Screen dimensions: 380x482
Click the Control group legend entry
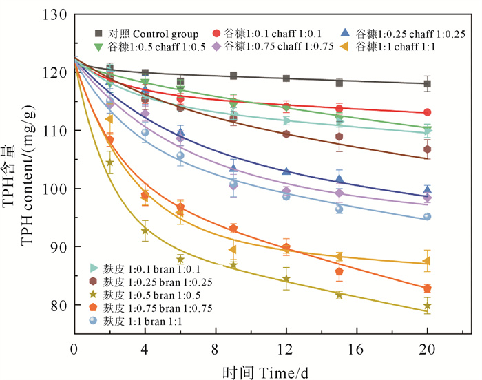pyautogui.click(x=147, y=34)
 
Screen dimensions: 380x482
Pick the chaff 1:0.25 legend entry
pyautogui.click(x=404, y=34)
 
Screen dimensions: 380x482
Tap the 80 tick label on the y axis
pyautogui.click(x=56, y=305)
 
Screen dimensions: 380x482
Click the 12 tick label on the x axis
pyautogui.click(x=286, y=349)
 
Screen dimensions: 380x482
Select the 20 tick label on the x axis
pyautogui.click(x=427, y=349)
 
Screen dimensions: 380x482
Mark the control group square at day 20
pyautogui.click(x=428, y=84)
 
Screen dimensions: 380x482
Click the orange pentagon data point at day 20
pyautogui.click(x=428, y=288)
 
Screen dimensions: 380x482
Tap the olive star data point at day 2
pyautogui.click(x=109, y=163)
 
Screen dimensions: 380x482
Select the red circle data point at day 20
pyautogui.click(x=428, y=112)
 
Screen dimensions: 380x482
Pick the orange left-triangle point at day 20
pyautogui.click(x=427, y=261)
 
